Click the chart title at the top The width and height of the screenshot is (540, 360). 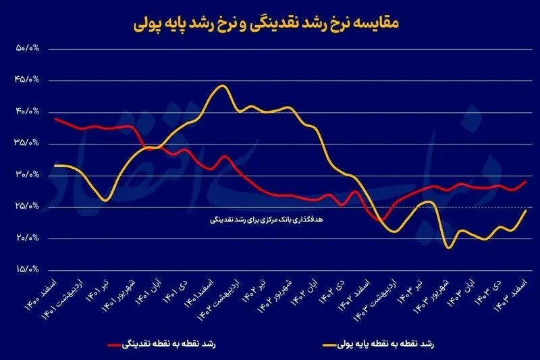[x=269, y=24]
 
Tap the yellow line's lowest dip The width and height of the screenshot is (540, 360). [x=448, y=248]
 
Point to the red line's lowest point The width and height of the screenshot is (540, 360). [x=382, y=220]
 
